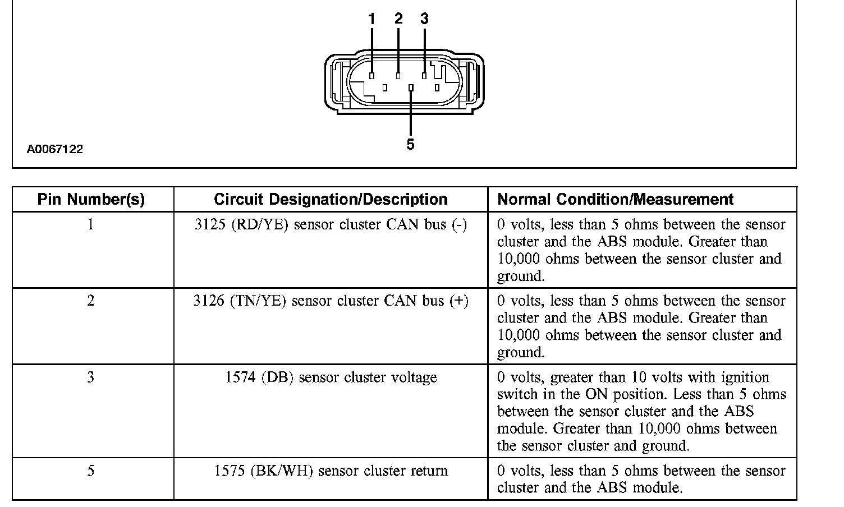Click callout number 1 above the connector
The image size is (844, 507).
point(371,19)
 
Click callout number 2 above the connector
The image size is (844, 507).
point(398,19)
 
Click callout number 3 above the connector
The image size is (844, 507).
point(424,19)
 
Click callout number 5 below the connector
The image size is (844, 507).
point(410,145)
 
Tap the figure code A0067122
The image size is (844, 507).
point(55,149)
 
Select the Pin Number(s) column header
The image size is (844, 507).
point(91,200)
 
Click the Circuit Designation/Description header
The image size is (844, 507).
point(331,200)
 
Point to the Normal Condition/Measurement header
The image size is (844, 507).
point(616,200)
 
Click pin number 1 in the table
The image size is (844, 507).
point(90,225)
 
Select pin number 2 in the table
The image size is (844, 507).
point(90,301)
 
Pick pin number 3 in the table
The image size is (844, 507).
point(90,377)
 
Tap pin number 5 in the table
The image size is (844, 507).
point(90,471)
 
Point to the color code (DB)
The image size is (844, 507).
point(278,377)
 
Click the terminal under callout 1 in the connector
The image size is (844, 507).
point(371,75)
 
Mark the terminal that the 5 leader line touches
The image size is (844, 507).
point(411,88)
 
